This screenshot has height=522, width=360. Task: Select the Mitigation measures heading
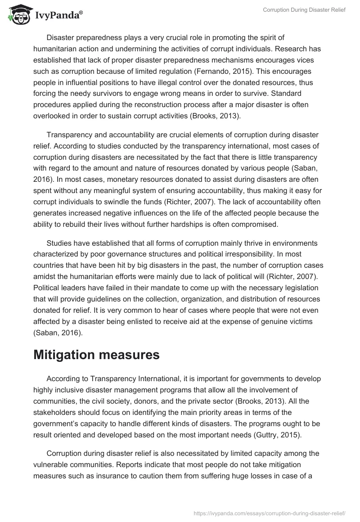[x=96, y=355]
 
